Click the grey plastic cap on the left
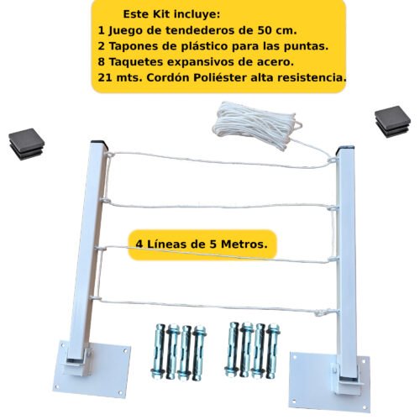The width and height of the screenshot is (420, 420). click(26, 144)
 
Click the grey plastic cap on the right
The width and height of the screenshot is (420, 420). click(392, 121)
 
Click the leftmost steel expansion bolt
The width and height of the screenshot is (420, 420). click(159, 351)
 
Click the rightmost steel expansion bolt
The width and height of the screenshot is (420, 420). click(273, 351)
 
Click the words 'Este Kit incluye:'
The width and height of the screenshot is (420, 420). click(171, 14)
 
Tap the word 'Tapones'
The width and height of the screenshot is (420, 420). click(129, 46)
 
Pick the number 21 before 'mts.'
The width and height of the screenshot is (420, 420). click(105, 77)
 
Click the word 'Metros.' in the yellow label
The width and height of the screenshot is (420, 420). click(244, 244)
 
